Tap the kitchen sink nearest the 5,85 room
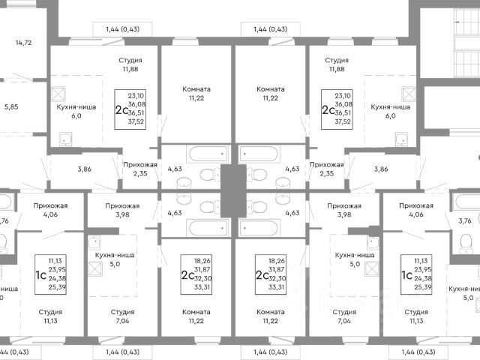click(x=65, y=138)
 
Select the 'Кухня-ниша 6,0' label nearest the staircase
click(x=391, y=112)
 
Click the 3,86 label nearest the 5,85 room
click(x=84, y=169)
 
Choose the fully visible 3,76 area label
click(x=464, y=220)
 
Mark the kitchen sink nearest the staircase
click(x=401, y=138)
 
